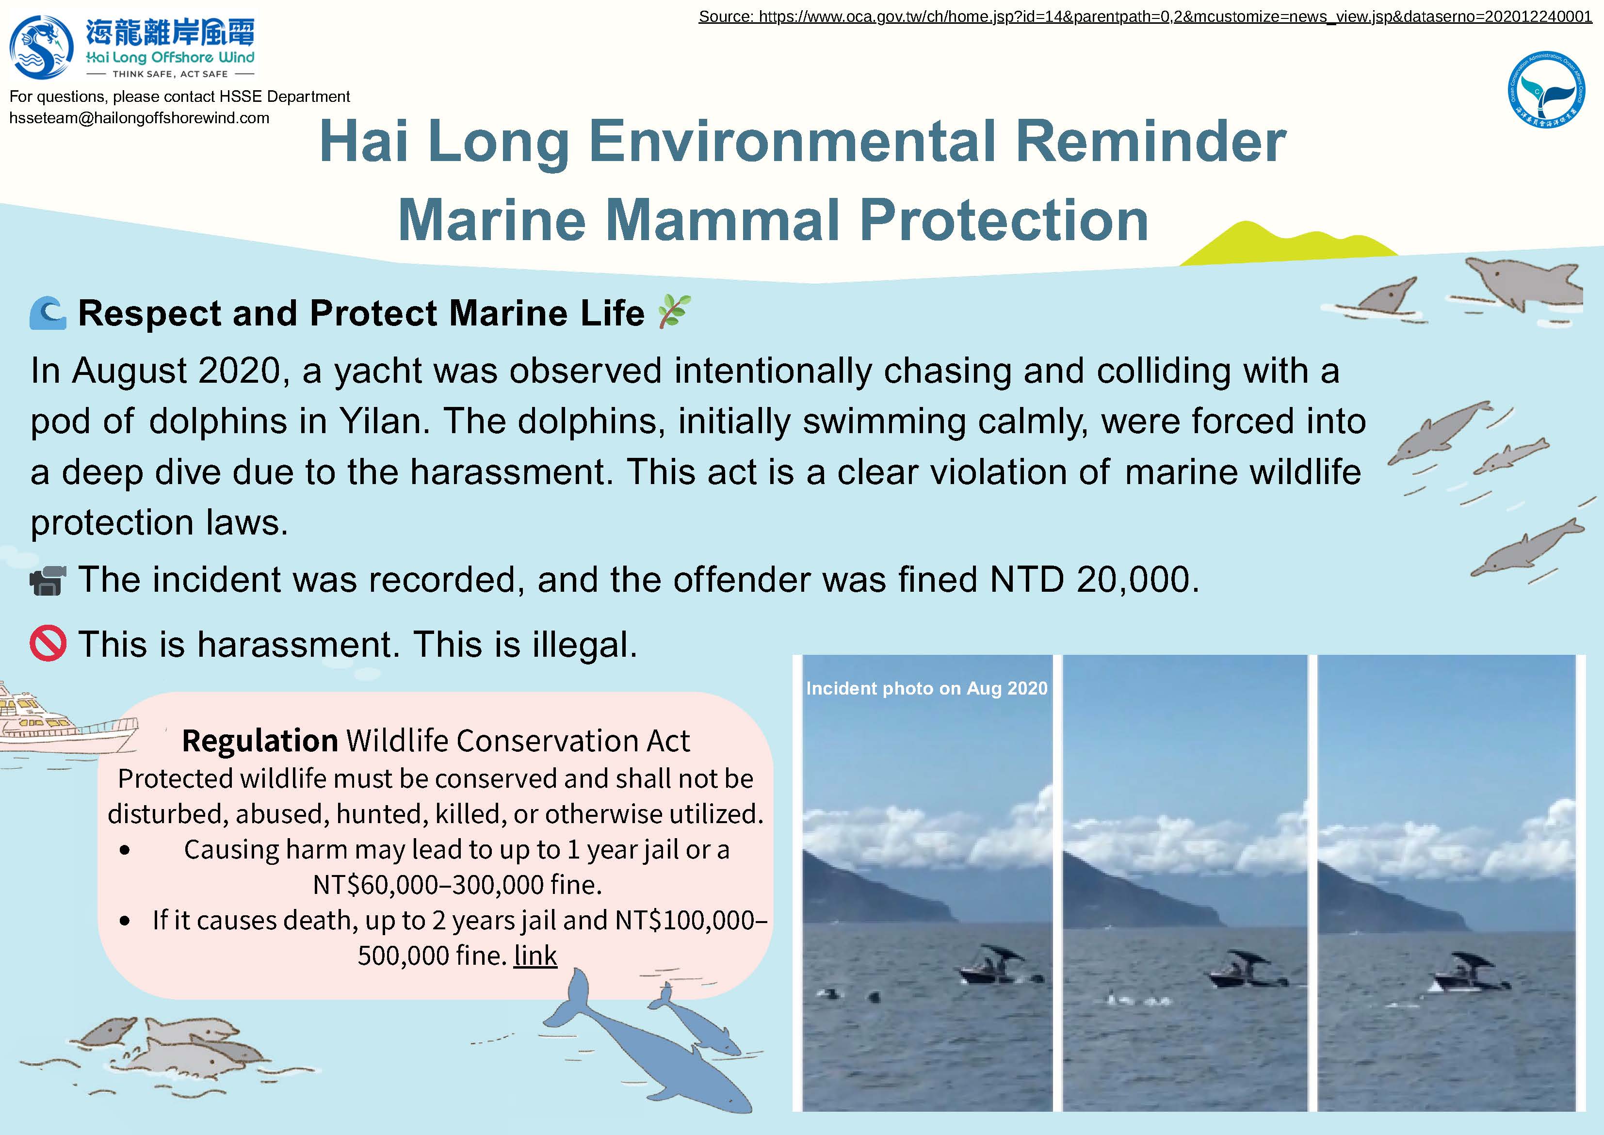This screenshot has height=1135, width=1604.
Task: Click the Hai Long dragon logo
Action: (x=41, y=48)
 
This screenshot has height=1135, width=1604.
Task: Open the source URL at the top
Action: (x=1145, y=16)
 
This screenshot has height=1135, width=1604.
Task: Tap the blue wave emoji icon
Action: (x=48, y=313)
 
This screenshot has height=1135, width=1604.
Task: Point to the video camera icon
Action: (x=48, y=580)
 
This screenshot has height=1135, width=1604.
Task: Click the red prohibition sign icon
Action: (x=48, y=644)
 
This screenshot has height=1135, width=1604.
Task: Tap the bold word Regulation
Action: (x=260, y=741)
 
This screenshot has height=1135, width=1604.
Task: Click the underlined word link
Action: (x=535, y=956)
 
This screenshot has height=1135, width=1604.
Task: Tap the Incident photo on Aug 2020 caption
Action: (x=927, y=688)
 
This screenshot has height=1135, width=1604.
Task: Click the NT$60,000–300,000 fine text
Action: (x=457, y=885)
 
